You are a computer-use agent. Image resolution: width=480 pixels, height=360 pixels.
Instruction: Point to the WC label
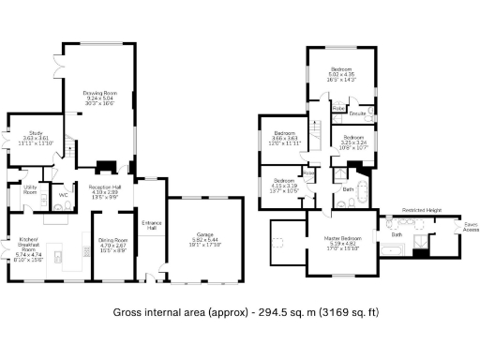click(x=62, y=195)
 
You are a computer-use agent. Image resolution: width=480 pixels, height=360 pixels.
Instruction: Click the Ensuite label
click(x=357, y=113)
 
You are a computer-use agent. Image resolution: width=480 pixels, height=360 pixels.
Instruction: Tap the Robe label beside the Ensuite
click(x=337, y=109)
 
